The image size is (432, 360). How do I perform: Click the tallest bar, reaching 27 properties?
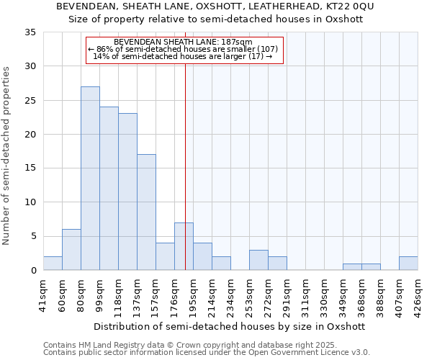(90, 179)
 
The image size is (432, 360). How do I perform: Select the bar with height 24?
(109, 189)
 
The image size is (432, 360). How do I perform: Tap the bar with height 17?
(146, 212)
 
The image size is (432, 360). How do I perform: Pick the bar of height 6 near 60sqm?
(71, 250)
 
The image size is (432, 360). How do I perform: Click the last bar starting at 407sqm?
(408, 264)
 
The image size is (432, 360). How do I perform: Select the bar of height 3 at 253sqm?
(258, 260)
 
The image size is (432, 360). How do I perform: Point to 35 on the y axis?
(30, 32)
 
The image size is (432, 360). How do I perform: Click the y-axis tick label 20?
(30, 135)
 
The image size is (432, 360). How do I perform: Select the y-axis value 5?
(33, 237)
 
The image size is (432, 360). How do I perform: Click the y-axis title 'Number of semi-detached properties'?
(6, 155)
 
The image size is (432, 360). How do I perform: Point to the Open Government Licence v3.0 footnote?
(207, 353)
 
